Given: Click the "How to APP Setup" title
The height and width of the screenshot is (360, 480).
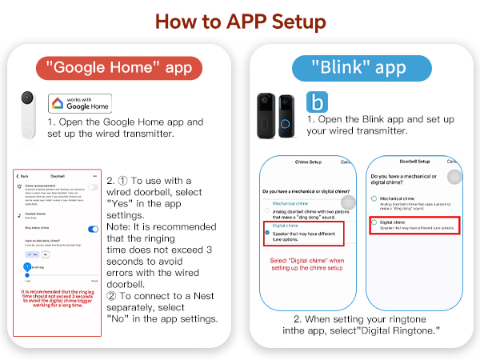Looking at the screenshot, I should pyautogui.click(x=239, y=20).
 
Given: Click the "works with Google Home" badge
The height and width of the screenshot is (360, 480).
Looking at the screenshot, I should pyautogui.click(x=80, y=102).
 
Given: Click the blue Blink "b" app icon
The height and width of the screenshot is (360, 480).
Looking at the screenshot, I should pyautogui.click(x=317, y=102).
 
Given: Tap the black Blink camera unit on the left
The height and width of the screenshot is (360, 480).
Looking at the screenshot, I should pyautogui.click(x=265, y=112).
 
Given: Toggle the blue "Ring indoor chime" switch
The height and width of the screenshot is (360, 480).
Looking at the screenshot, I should pyautogui.click(x=94, y=226).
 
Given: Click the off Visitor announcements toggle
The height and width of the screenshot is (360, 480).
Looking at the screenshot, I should pyautogui.click(x=94, y=186).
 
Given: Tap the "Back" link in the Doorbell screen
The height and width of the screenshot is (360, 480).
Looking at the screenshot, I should pyautogui.click(x=23, y=176).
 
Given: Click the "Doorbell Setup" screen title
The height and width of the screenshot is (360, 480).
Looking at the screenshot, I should pyautogui.click(x=415, y=162).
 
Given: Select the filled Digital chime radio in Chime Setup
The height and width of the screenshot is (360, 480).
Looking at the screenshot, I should pyautogui.click(x=266, y=233).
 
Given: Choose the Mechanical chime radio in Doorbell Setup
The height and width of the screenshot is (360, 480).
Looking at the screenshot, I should pyautogui.click(x=373, y=198).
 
